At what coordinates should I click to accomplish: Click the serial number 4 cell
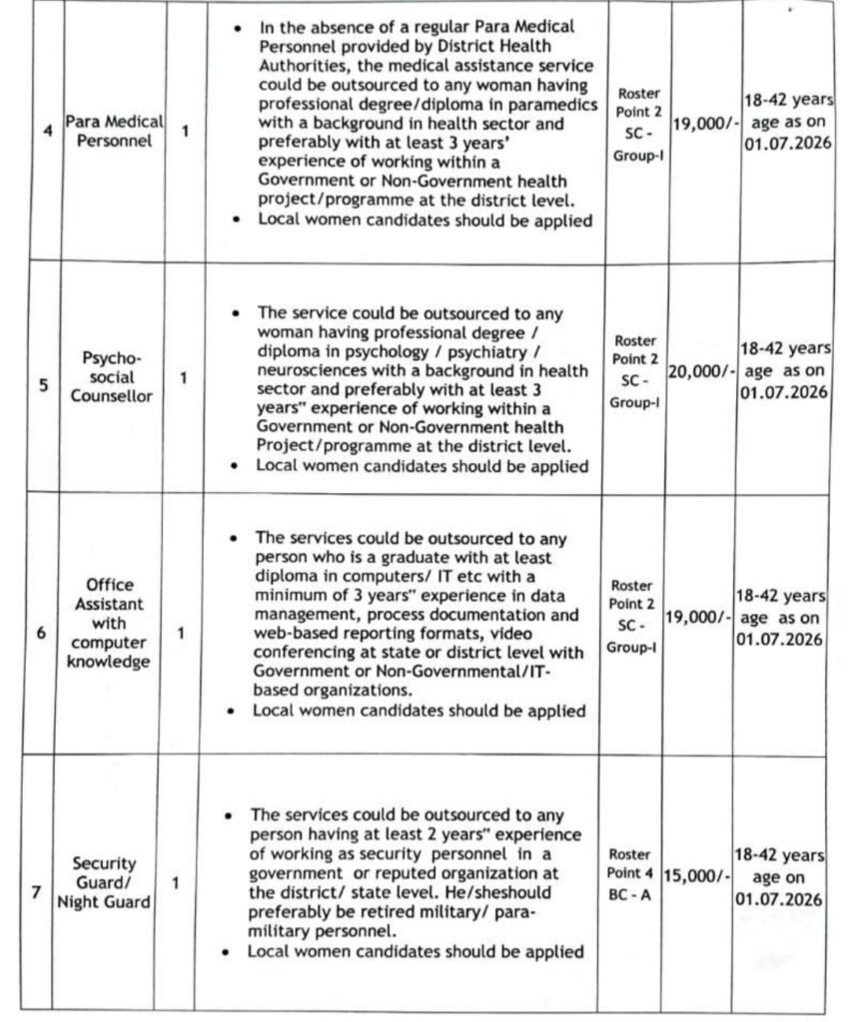pos(49,131)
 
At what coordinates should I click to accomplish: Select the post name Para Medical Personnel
pos(113,131)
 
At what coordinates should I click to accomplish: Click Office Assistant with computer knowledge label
pos(109,623)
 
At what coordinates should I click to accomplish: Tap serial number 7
pos(37,891)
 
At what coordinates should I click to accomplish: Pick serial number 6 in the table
pos(41,632)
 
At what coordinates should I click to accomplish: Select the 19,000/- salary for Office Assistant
pos(700,618)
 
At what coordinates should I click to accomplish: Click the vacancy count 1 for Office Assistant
pos(181,632)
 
